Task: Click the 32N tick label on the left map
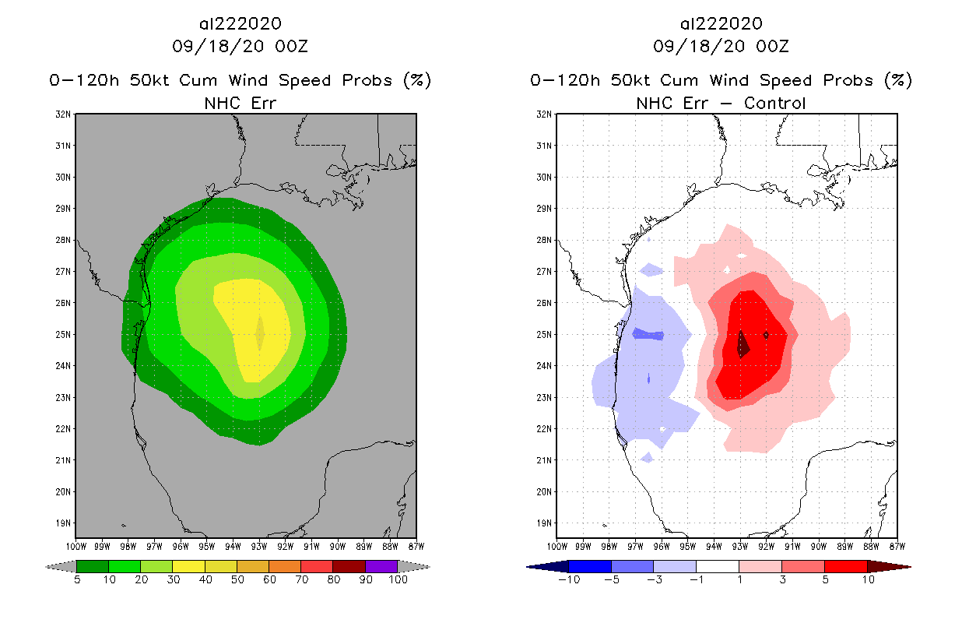(x=65, y=114)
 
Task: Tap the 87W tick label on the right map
(x=897, y=546)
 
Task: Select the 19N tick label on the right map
(x=546, y=523)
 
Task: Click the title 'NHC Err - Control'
(x=721, y=103)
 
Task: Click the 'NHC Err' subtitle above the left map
(x=240, y=103)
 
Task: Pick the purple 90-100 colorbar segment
(x=381, y=566)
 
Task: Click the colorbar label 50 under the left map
(x=237, y=580)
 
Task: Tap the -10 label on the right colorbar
(x=568, y=580)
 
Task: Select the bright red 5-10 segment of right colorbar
(x=846, y=566)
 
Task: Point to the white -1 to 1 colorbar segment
(x=718, y=566)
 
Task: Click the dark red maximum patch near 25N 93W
(x=742, y=343)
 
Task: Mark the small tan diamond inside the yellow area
(x=260, y=333)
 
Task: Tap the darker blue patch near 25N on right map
(x=648, y=335)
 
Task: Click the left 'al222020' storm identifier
(x=240, y=24)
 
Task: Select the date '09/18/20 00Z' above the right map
(x=721, y=47)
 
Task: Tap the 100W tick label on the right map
(x=556, y=546)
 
